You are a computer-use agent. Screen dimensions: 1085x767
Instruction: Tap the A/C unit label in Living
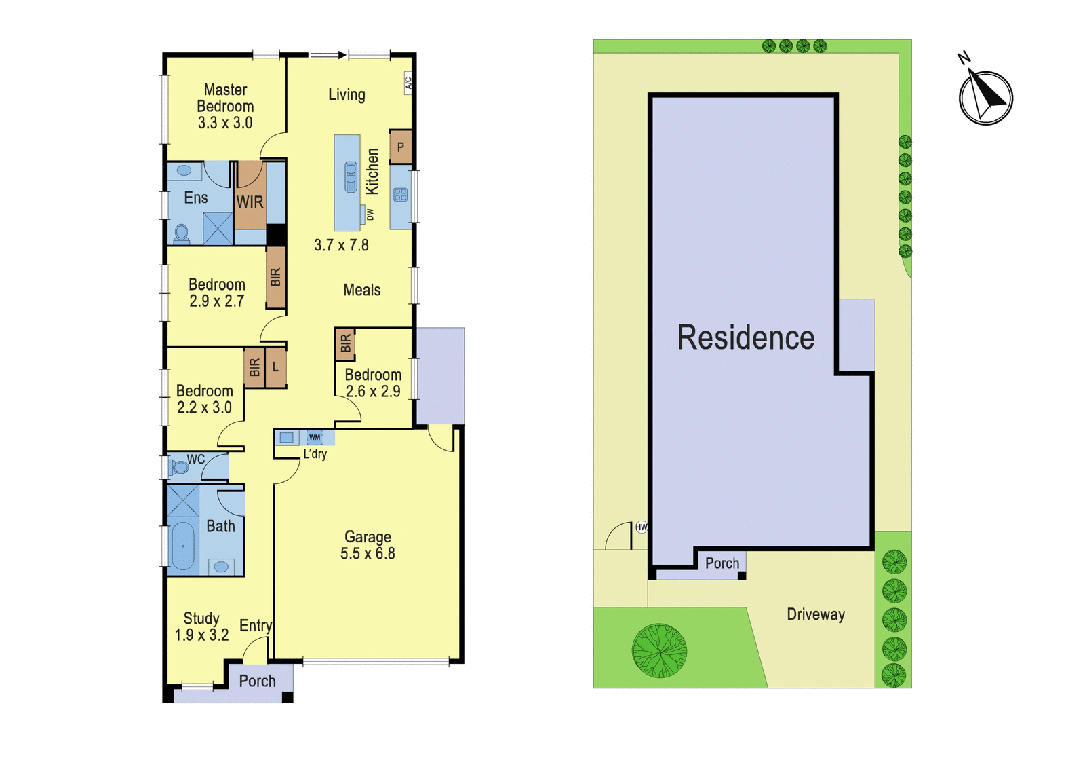pos(408,83)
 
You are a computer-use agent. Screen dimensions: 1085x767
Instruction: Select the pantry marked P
pos(401,147)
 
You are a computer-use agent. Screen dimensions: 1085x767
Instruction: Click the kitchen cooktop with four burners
pos(401,195)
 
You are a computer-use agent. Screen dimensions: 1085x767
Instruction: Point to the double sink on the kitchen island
pos(351,177)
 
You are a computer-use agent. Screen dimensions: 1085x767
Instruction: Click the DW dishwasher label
pos(370,214)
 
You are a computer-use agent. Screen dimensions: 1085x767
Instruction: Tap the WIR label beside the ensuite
pos(250,202)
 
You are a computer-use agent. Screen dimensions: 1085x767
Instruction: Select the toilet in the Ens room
pos(182,233)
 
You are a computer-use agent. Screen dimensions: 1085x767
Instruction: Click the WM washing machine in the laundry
pos(315,437)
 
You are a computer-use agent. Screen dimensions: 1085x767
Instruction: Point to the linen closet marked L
pos(275,367)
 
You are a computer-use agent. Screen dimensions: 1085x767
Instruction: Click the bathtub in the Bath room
pos(182,546)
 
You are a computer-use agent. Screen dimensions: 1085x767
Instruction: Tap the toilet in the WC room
pos(178,468)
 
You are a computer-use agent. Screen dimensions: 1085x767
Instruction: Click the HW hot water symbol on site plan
pos(642,527)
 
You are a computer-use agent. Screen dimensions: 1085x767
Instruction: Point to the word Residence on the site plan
pos(746,337)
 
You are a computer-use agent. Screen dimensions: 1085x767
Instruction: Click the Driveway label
pos(816,614)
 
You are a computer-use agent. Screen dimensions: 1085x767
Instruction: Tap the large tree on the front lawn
pos(659,651)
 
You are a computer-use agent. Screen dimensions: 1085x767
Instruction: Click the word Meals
pos(362,290)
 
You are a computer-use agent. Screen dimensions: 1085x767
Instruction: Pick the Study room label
pos(201,618)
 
